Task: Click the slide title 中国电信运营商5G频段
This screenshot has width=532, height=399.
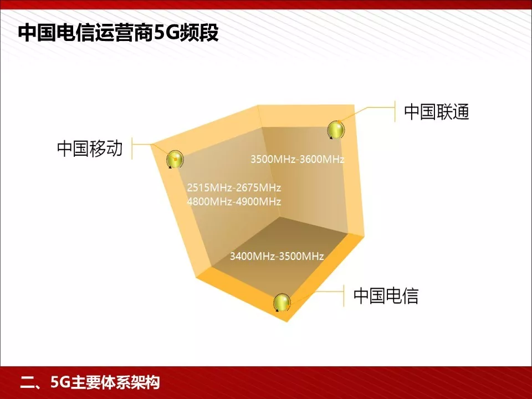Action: click(x=119, y=33)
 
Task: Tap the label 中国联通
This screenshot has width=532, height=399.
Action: click(x=436, y=112)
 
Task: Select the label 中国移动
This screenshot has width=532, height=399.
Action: click(x=89, y=149)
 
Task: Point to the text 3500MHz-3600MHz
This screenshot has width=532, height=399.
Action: click(x=298, y=160)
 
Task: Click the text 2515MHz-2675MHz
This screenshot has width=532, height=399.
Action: click(x=234, y=187)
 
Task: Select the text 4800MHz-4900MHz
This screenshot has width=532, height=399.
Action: click(x=234, y=201)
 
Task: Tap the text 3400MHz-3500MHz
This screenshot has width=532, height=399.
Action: click(x=277, y=256)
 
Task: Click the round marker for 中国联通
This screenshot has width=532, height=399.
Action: click(x=336, y=130)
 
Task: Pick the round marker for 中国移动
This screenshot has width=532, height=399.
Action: click(x=175, y=160)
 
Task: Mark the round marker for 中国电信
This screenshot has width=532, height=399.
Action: click(x=282, y=303)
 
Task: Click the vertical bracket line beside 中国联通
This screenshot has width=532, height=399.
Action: click(x=394, y=111)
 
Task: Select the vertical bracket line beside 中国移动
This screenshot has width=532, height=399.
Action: click(x=132, y=149)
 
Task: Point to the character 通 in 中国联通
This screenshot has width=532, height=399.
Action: click(x=460, y=112)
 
